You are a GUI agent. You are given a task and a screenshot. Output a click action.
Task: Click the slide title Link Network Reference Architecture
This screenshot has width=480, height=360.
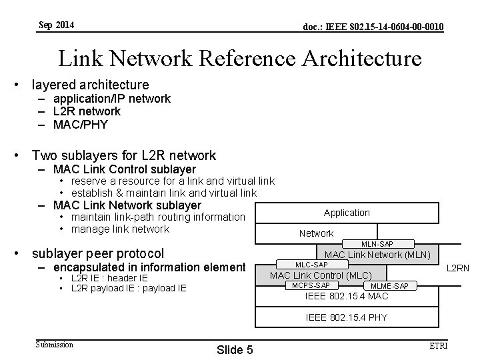tap(240, 58)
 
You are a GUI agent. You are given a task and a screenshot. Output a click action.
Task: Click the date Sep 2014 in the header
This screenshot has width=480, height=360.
tap(57, 25)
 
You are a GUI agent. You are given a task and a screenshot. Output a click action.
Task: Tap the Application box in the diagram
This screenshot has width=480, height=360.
tap(347, 213)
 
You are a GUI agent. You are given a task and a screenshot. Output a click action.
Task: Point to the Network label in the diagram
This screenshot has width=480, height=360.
tap(316, 233)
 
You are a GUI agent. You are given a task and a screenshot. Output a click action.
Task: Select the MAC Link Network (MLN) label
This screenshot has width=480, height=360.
tap(377, 255)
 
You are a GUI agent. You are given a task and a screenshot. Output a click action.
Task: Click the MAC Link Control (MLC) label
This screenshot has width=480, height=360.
tap(320, 275)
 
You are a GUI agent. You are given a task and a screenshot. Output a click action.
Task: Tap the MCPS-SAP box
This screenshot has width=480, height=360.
tap(307, 285)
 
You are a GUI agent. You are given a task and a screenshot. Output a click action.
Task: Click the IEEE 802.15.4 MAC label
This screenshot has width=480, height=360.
tap(346, 296)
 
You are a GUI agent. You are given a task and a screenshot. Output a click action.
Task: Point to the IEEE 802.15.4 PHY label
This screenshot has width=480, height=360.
tap(347, 317)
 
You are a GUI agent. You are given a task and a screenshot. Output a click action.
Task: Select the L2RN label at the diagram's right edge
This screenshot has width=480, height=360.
tap(458, 269)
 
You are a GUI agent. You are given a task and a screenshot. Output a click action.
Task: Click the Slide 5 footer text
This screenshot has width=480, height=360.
tap(235, 349)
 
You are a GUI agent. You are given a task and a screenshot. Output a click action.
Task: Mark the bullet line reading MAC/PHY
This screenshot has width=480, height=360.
tap(80, 124)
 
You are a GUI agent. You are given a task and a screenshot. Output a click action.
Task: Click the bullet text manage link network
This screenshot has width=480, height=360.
tap(120, 229)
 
